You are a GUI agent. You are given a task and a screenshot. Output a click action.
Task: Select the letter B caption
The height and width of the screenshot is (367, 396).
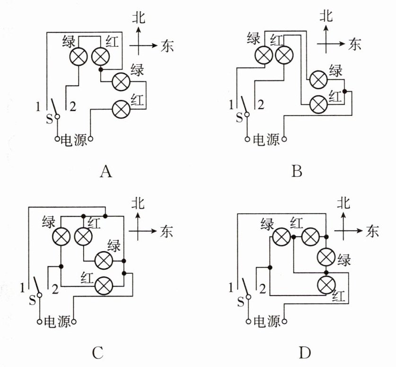(297, 171)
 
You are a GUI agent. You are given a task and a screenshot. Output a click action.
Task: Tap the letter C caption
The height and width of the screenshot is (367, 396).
(98, 353)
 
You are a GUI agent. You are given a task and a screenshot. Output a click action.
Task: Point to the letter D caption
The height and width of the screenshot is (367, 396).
(305, 353)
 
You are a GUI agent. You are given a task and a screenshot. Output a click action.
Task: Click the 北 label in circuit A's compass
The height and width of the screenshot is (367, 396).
(139, 17)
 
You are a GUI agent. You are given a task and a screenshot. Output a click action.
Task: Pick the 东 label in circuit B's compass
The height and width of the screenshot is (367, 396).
(354, 44)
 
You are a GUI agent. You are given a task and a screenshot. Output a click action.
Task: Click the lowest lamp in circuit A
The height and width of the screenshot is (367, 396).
(121, 109)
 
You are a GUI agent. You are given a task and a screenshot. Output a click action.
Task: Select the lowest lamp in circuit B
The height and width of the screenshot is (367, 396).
(318, 104)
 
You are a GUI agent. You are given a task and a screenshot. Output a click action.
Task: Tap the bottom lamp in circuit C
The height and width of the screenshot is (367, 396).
(104, 286)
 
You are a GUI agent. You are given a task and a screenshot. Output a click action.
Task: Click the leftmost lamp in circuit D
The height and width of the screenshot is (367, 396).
(282, 237)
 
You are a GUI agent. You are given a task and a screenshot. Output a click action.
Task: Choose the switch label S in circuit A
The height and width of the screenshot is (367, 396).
(49, 119)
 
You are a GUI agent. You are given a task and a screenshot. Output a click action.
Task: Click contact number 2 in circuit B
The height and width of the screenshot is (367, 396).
(261, 105)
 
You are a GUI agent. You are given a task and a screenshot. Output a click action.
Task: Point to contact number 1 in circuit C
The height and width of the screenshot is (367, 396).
(23, 288)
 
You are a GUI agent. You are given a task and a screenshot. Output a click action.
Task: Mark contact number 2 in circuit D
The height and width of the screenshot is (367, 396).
(263, 288)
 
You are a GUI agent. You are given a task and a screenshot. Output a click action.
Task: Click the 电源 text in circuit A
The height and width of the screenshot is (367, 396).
(74, 140)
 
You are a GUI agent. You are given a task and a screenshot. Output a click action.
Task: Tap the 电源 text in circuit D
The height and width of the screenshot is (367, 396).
(267, 321)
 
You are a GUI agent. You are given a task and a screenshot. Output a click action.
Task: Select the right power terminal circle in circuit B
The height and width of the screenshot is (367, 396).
(284, 139)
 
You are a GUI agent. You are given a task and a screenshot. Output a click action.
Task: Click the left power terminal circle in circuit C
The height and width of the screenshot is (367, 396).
(39, 322)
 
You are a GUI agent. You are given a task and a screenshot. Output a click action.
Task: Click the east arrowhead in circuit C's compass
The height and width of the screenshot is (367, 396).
(154, 231)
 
